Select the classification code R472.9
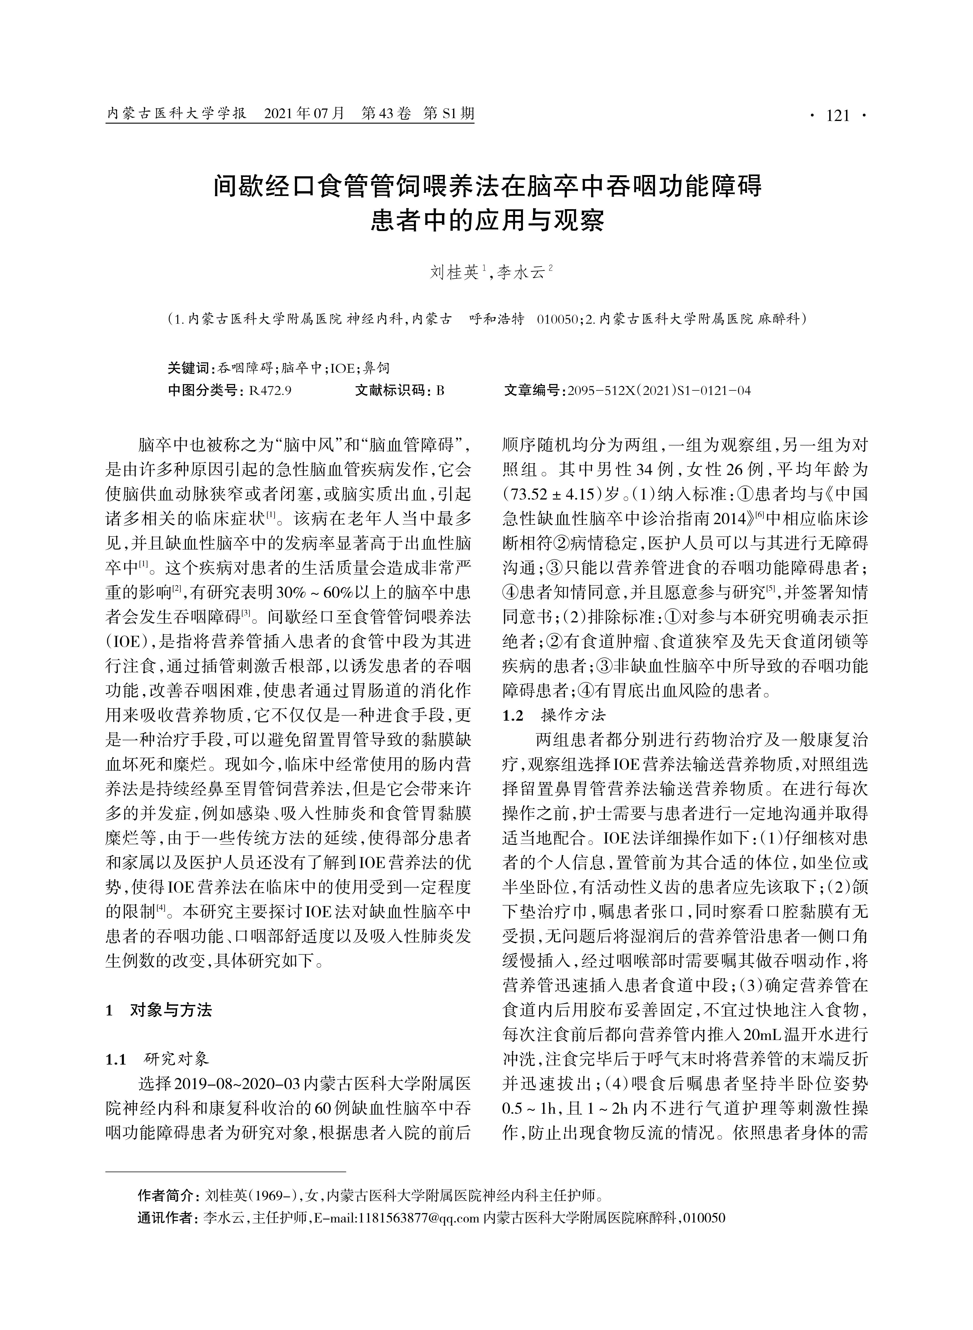click(271, 390)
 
